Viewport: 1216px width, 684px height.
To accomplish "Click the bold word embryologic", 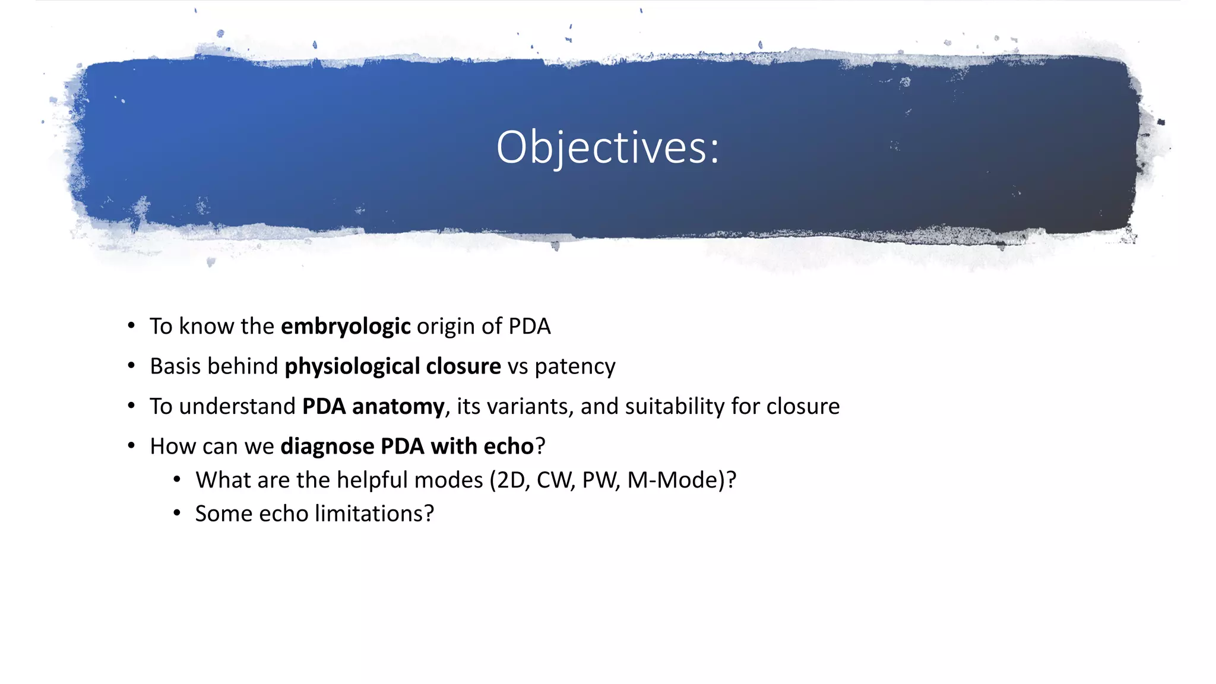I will (x=345, y=327).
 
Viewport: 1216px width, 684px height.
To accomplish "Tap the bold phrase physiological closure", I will (x=392, y=366).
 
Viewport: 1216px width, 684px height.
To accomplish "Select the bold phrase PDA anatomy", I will (x=373, y=407).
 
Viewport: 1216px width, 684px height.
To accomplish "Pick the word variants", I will (x=530, y=407).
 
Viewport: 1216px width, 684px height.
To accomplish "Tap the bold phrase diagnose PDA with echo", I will (x=407, y=446).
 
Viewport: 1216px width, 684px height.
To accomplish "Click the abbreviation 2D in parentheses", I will (x=511, y=480).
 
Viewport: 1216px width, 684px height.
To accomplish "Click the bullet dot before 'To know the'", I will (x=131, y=326).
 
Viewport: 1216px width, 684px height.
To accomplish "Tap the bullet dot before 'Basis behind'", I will (x=131, y=366).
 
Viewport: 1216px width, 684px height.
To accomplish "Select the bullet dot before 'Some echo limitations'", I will (x=177, y=513).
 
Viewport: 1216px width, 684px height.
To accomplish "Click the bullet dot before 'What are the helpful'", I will (x=177, y=479).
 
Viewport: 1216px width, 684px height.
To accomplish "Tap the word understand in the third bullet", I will (x=237, y=407).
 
